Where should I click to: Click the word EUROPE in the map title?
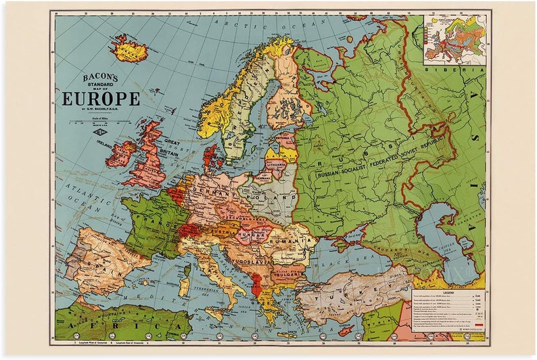click(101, 99)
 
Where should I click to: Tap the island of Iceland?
click(129, 49)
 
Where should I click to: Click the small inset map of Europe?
click(454, 39)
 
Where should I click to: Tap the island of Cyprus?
click(346, 330)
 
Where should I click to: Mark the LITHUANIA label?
click(275, 164)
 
